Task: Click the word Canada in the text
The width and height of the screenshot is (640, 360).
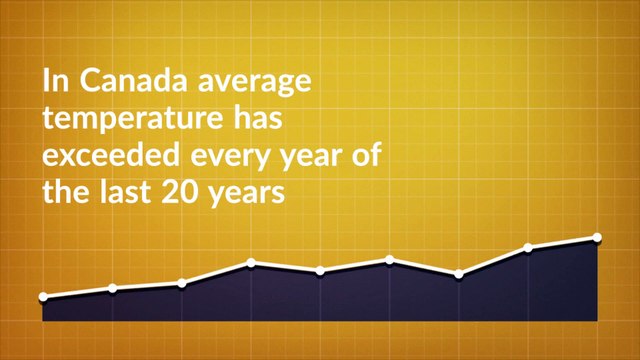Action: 111,79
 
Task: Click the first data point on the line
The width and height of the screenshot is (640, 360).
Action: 43,297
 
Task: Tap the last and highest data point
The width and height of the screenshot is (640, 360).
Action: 597,237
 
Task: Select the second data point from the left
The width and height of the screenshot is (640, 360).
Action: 112,288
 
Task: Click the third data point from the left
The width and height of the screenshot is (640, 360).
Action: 182,283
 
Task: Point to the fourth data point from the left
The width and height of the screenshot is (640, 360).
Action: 251,263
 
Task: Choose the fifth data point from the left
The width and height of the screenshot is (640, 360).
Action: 320,270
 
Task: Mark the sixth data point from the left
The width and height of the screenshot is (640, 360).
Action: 390,260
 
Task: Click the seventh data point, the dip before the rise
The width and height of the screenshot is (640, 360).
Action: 459,273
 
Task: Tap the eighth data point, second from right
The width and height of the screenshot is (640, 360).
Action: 528,247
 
